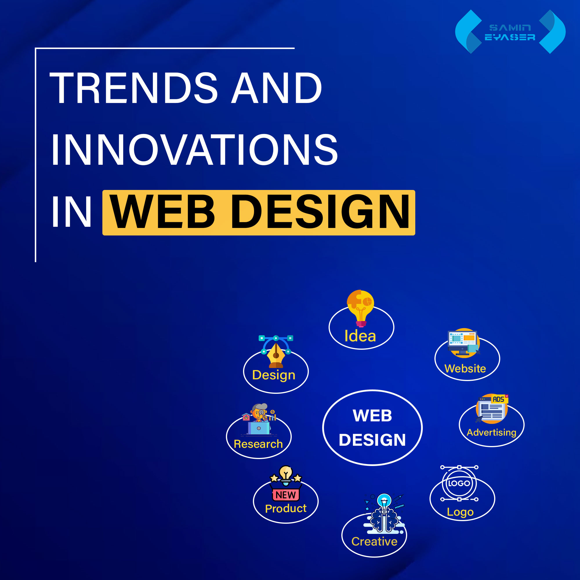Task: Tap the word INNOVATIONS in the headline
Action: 195,150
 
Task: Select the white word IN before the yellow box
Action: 71,212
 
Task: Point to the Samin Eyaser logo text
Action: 510,32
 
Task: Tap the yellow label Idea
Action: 360,336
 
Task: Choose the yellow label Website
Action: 465,369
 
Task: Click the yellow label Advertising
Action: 492,432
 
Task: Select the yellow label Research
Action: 258,444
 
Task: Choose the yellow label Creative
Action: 374,541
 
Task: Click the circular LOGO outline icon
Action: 459,483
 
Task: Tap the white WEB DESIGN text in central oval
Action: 372,428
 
